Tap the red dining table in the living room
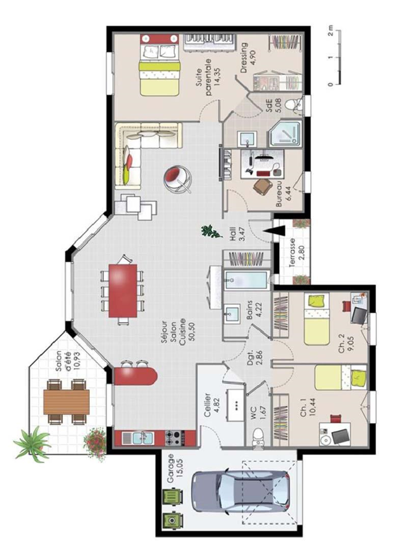coord(123,290)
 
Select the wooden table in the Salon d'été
coord(67,402)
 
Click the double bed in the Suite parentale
coord(159,65)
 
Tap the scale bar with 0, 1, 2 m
coord(335,57)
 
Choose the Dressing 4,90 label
coord(248,57)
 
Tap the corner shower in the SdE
coord(285,133)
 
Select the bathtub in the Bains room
coord(246,280)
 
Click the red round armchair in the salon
coord(178,179)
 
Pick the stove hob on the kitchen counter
coord(175,438)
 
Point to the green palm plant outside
coord(33,444)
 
